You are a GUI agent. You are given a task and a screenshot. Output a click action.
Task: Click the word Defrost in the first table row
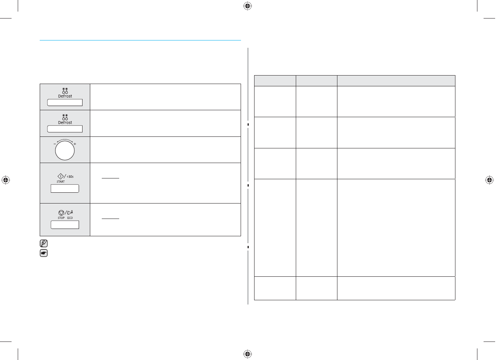tap(65, 96)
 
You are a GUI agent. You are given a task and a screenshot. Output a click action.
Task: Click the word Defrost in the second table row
tap(65, 123)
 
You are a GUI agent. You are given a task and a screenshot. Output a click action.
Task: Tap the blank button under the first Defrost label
tap(65, 103)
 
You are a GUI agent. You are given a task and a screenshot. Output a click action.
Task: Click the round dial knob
tap(65, 150)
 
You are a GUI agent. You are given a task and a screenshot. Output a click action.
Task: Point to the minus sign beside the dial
tap(54, 144)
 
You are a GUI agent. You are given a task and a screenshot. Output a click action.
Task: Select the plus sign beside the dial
tap(75, 144)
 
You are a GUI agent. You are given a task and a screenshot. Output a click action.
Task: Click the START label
tap(61, 182)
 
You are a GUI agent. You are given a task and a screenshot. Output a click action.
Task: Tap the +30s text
tap(70, 177)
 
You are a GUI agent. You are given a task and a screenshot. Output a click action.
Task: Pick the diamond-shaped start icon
tap(61, 176)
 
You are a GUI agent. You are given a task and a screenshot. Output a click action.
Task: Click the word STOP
tap(61, 218)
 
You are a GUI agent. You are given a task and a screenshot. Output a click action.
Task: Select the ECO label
tap(70, 218)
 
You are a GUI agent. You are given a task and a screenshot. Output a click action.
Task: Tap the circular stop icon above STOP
tap(61, 212)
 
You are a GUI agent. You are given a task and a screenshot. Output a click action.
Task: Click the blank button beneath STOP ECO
tap(65, 225)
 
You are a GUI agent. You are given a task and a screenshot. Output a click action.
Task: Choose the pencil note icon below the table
tap(44, 244)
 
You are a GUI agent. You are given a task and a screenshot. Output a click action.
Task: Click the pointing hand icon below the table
tap(44, 253)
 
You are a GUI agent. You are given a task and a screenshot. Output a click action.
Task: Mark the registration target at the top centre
tap(248, 6)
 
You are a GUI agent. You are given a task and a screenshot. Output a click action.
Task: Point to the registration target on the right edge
tap(489, 180)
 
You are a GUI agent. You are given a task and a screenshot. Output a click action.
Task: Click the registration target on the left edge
tap(5, 180)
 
